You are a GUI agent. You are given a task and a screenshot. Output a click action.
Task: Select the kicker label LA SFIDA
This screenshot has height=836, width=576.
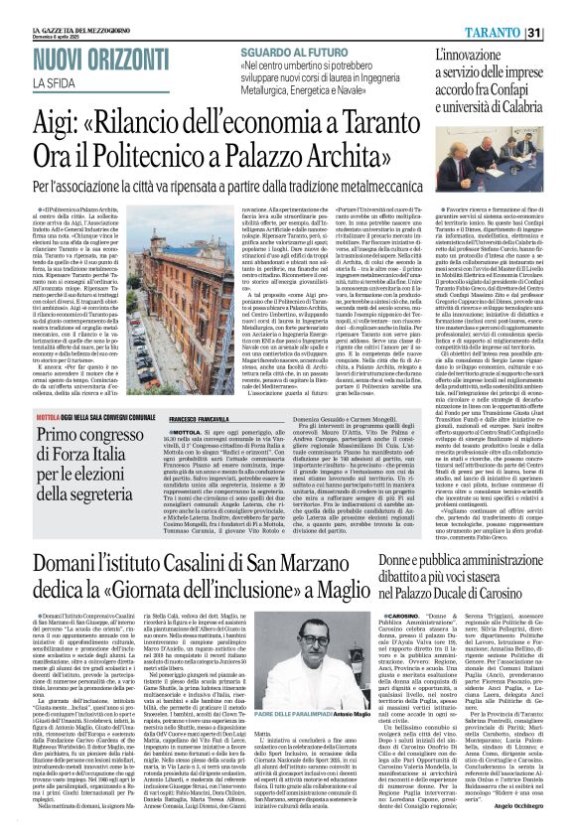pos(85,82)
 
